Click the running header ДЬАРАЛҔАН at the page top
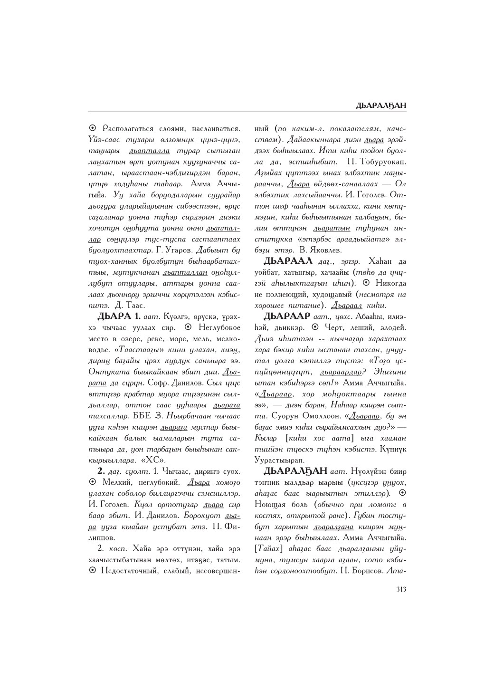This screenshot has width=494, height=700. click(x=381, y=105)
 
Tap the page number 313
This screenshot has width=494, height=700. click(x=400, y=590)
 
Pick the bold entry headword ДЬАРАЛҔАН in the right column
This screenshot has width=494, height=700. click(x=295, y=470)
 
